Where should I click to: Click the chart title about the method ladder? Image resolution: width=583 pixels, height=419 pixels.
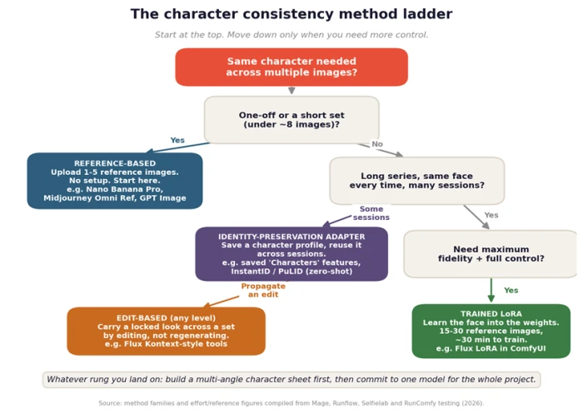[291, 14]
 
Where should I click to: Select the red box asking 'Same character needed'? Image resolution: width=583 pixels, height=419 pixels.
[291, 67]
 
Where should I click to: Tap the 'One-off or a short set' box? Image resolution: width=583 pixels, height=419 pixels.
[291, 120]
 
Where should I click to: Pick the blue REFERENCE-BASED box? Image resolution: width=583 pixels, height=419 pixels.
[115, 181]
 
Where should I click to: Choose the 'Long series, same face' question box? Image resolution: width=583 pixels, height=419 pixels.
[416, 181]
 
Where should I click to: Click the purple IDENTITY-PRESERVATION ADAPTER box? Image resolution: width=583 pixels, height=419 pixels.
[291, 254]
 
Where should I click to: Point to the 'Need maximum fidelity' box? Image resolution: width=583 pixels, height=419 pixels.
[491, 254]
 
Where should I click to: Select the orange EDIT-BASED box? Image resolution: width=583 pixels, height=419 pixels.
[167, 331]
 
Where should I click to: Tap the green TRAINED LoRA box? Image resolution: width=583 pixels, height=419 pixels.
[491, 331]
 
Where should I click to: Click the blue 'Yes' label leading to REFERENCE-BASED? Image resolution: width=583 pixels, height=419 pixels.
[177, 140]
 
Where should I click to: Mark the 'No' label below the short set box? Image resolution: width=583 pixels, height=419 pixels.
[377, 144]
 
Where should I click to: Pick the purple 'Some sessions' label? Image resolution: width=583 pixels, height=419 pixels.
[371, 213]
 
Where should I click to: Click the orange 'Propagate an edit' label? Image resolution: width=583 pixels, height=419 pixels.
[263, 291]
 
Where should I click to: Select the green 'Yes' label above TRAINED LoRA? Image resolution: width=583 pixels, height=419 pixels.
[511, 291]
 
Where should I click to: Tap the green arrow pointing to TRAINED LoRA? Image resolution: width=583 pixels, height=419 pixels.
[491, 291]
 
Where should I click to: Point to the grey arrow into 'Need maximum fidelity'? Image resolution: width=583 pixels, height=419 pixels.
[476, 217]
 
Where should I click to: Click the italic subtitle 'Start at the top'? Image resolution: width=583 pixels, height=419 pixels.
[291, 35]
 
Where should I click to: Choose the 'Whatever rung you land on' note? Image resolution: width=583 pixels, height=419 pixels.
[291, 380]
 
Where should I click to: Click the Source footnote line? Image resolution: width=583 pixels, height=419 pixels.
[291, 403]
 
